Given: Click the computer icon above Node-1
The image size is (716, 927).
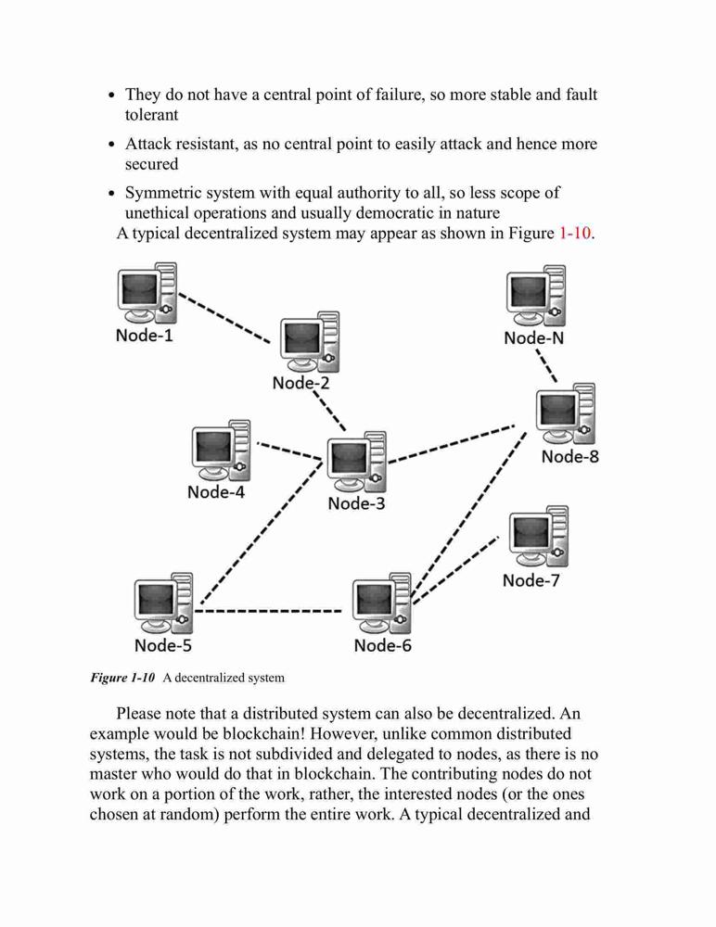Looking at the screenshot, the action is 147,293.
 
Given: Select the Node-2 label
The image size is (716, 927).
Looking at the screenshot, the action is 300,383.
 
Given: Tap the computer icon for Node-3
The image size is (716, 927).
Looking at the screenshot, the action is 357,462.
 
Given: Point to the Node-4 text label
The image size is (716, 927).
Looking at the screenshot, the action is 215,492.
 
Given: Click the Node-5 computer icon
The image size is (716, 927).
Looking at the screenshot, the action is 163,603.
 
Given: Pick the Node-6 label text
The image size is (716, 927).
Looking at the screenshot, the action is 382,645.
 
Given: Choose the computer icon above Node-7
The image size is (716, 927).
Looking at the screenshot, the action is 539,537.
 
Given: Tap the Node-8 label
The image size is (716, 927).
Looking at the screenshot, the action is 569,456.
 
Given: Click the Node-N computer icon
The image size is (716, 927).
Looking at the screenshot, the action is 536,296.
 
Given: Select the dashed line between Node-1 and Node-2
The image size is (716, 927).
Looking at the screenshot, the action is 224,317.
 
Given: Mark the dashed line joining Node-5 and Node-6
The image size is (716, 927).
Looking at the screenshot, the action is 268,611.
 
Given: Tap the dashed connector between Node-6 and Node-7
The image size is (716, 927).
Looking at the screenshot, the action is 455,570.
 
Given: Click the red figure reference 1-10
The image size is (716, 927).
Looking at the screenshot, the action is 575,233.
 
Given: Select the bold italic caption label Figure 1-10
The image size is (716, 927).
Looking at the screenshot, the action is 122,678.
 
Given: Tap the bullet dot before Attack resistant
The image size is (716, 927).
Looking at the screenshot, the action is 112,145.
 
